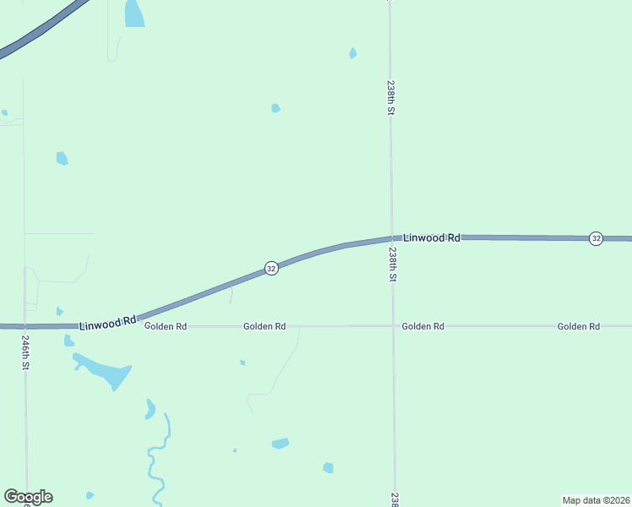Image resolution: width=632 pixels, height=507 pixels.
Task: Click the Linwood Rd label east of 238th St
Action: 431,238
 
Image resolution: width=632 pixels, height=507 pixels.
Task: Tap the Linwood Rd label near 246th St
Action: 108,323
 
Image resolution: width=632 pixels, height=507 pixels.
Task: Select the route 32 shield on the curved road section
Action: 271,268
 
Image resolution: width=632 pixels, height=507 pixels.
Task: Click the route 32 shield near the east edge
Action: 596,238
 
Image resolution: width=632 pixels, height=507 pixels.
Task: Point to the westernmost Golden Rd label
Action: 166,326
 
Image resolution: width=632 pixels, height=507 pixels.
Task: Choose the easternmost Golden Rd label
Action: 578,326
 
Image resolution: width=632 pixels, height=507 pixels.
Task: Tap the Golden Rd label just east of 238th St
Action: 422,326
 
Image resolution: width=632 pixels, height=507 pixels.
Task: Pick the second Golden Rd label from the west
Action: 264,326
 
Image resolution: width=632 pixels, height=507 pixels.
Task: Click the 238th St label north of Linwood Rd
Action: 390,97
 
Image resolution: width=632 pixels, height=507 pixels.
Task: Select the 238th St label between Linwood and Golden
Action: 393,264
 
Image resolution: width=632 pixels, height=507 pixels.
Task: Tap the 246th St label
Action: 26,353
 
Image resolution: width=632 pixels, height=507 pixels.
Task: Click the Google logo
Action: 28,497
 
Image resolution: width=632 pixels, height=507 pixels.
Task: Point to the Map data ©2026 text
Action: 596,500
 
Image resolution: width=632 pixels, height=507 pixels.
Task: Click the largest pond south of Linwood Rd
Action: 106,371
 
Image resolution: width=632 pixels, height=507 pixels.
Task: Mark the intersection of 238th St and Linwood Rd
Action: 391,238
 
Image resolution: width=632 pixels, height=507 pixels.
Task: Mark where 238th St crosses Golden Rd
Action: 393,325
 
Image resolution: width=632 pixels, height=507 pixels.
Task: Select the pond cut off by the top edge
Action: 133,13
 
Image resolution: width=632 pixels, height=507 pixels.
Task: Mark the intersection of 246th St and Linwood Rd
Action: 25,325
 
